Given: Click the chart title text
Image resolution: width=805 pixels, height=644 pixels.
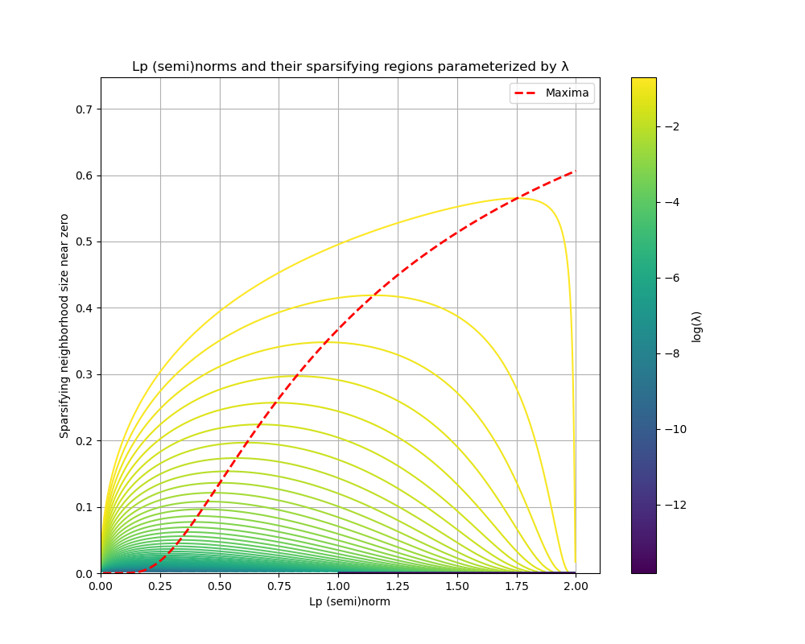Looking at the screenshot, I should coord(350,67).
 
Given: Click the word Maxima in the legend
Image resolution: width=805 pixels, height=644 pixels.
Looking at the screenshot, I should coord(567,93).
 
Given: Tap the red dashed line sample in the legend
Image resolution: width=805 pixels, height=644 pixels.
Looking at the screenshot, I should coord(526,93).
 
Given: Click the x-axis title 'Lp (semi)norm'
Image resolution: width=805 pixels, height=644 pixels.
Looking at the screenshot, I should coord(349,602).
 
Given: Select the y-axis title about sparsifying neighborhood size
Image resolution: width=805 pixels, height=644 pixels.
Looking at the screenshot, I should coord(64,326).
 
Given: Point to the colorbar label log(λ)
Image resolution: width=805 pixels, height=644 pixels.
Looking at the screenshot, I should coord(696,326).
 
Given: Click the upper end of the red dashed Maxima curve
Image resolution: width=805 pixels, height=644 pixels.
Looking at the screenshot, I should coord(575,171).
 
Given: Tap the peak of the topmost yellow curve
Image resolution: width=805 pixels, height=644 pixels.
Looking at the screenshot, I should coord(513,198).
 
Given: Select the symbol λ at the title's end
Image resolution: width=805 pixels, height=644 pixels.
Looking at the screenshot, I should coord(564,67).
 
